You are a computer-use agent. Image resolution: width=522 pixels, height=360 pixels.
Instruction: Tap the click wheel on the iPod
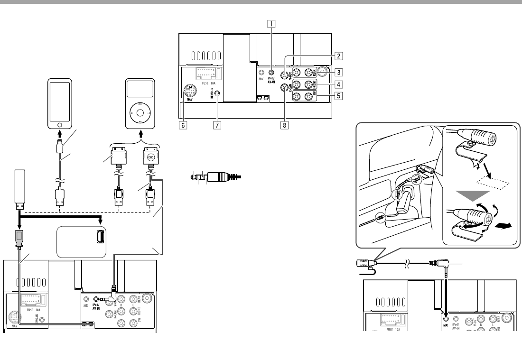point(139,112)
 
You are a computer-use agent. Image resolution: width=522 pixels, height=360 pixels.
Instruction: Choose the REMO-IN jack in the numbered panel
point(217,93)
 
